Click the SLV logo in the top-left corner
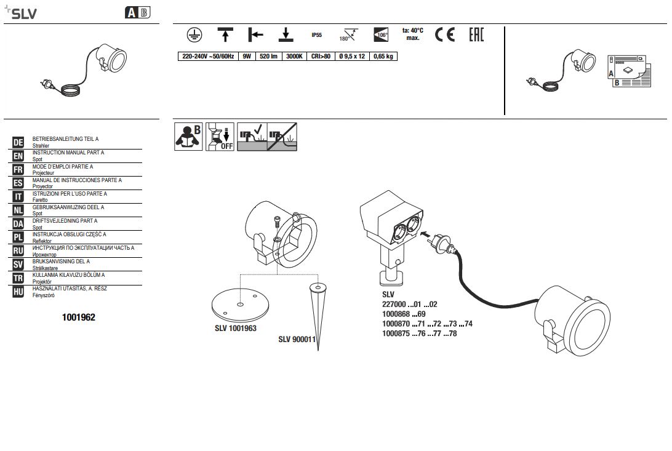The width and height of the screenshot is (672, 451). [x=20, y=13]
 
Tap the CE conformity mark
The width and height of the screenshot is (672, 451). [x=445, y=34]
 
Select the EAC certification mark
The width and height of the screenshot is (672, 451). [x=476, y=34]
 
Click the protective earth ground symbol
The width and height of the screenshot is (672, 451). [x=194, y=34]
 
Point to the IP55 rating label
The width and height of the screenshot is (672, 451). [x=317, y=35]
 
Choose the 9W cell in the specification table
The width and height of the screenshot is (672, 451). [x=247, y=56]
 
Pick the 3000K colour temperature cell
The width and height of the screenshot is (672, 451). [x=294, y=56]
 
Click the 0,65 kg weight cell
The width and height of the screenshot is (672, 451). [x=383, y=56]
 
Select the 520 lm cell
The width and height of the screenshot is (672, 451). [x=269, y=56]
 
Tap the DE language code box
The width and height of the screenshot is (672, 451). [x=18, y=143]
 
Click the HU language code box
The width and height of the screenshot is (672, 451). [x=18, y=292]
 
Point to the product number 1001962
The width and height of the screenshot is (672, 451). [x=78, y=317]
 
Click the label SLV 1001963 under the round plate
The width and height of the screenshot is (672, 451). [x=236, y=329]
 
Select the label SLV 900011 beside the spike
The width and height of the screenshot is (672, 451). [x=297, y=339]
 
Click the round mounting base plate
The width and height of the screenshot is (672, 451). [x=241, y=306]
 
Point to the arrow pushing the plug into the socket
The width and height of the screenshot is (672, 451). [x=425, y=234]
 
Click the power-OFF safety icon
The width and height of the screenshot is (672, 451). [x=220, y=137]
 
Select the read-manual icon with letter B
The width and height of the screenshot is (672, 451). [x=188, y=137]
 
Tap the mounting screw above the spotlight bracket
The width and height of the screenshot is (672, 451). [x=276, y=223]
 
